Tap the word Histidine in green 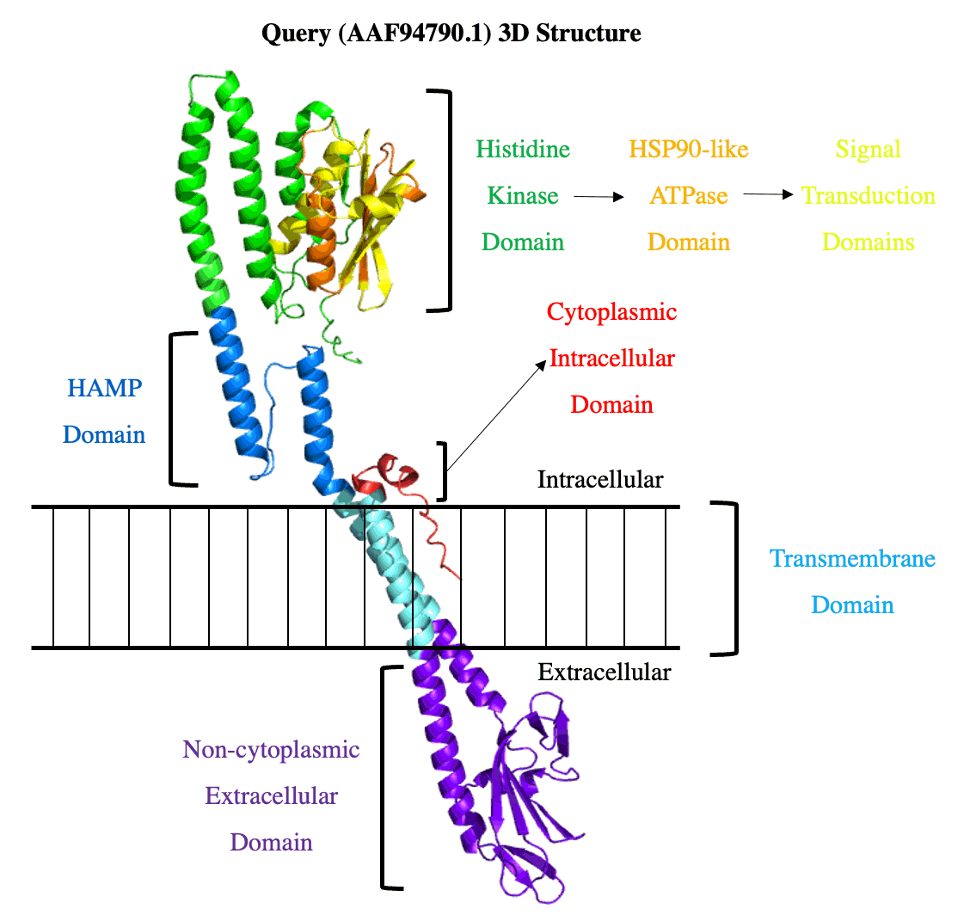(x=523, y=149)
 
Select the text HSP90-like (x=689, y=149)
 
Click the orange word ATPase (x=689, y=195)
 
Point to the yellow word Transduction (x=868, y=195)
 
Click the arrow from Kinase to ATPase (x=599, y=197)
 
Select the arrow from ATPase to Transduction (x=768, y=194)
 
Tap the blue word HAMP (x=105, y=388)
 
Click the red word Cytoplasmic (x=611, y=312)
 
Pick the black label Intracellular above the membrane (x=600, y=480)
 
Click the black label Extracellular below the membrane (x=604, y=672)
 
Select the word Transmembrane (x=852, y=559)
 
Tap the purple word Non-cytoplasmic (x=271, y=750)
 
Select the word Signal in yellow (x=868, y=149)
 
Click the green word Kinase (x=523, y=195)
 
